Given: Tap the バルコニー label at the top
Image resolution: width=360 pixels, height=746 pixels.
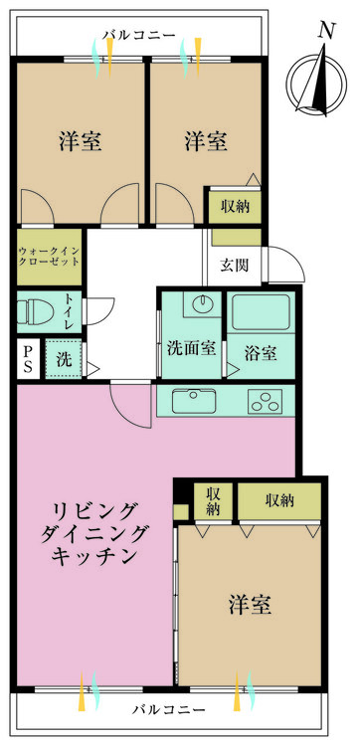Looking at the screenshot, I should pos(140,36).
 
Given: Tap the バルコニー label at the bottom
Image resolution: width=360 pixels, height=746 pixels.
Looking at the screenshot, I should pos(168,711).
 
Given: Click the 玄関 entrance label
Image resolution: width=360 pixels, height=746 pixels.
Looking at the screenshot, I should pos(235,265).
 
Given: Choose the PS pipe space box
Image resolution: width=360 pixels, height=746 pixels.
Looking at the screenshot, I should pos(28,359).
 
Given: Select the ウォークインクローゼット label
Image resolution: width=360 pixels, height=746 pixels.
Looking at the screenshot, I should pos(50,258).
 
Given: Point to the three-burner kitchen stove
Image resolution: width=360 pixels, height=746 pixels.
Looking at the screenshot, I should pos(267,403).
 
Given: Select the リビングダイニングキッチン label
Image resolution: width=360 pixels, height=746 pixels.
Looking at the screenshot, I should pos(95,534).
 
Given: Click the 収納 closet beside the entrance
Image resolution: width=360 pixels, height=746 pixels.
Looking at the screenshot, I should pos(235,206).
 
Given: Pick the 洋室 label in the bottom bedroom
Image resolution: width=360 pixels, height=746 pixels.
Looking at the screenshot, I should pos(251,604).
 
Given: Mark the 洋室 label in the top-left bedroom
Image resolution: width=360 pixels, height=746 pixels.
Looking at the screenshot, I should pos(81,141).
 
